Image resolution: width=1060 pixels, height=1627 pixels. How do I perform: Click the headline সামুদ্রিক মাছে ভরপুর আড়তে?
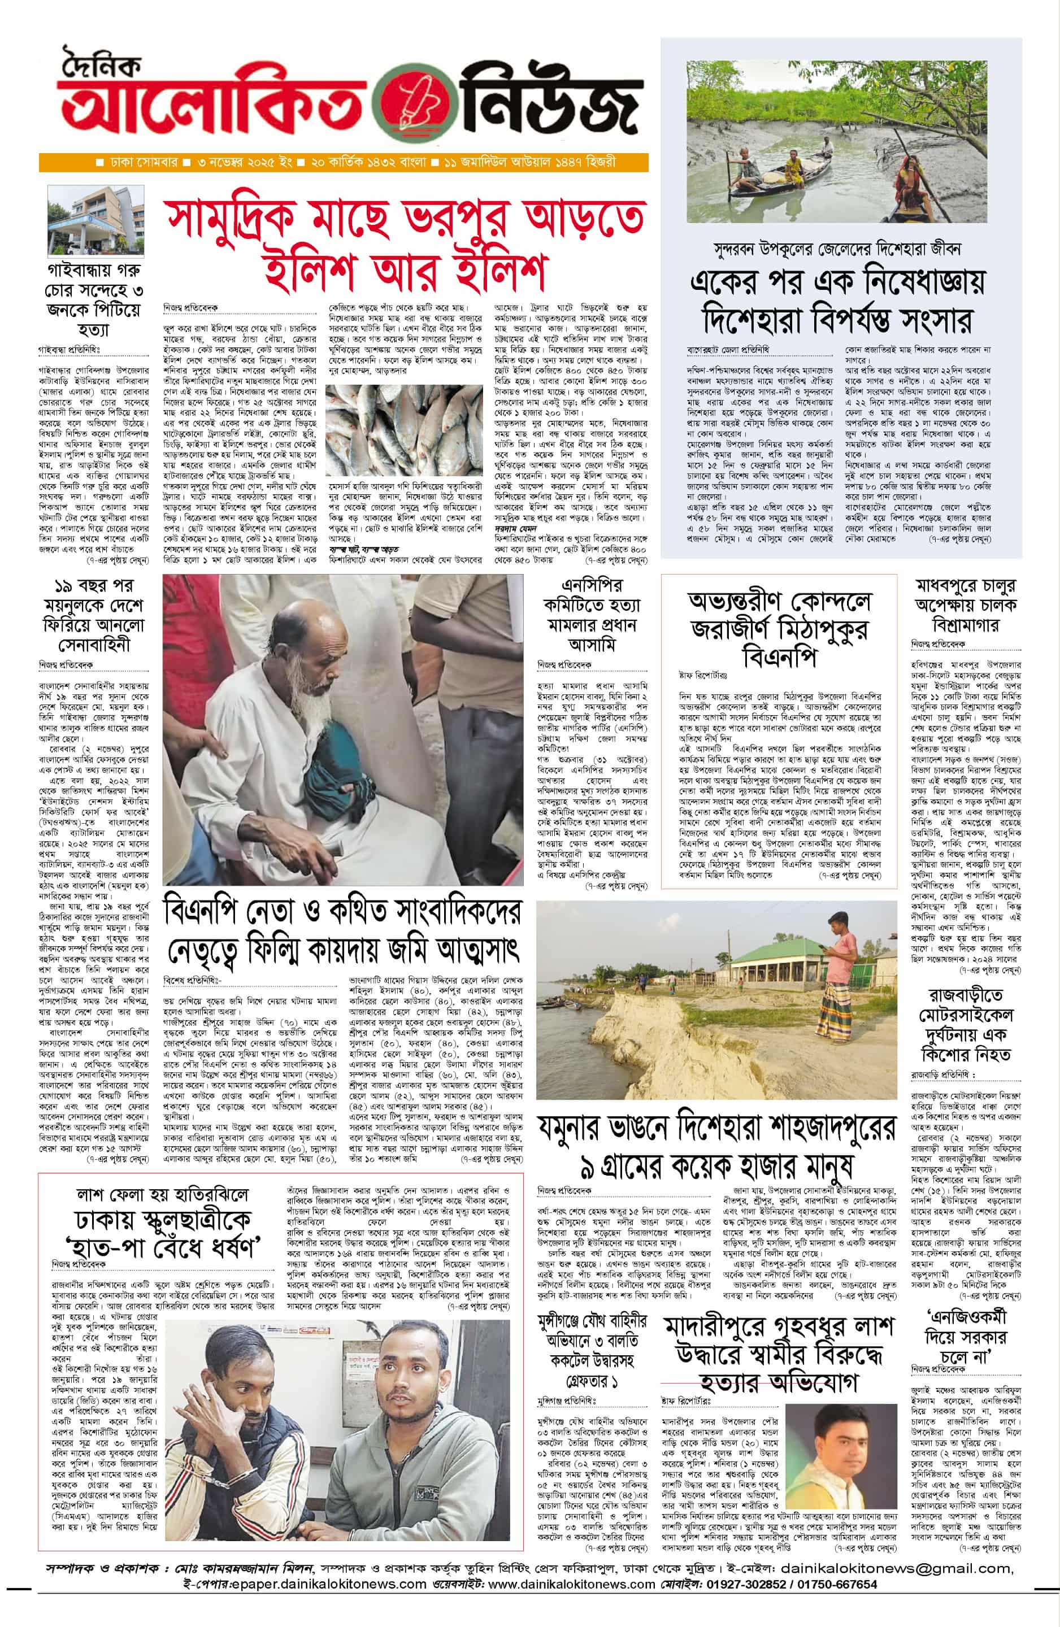pyautogui.click(x=406, y=217)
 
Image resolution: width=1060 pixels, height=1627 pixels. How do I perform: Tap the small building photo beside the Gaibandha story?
pyautogui.click(x=95, y=220)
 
